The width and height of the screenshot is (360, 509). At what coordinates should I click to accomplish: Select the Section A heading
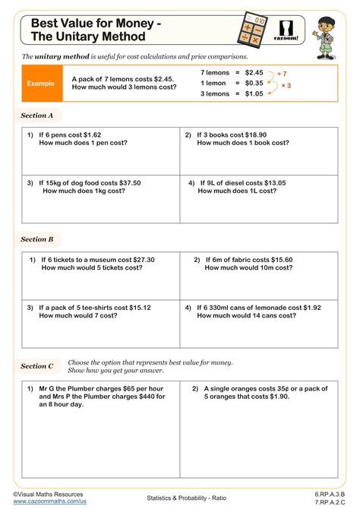37,116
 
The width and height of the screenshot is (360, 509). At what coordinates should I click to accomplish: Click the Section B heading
37,239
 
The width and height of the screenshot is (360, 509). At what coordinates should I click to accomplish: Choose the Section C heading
37,365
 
